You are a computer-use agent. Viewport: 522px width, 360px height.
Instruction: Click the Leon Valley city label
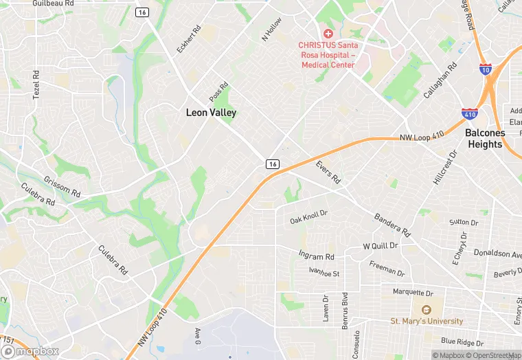(211, 113)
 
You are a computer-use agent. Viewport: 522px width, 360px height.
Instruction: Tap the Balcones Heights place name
(485, 138)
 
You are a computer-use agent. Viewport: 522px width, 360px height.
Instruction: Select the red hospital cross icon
(328, 34)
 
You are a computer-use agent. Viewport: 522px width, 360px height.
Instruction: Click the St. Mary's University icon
(427, 310)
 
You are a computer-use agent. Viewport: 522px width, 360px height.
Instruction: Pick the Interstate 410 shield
(470, 113)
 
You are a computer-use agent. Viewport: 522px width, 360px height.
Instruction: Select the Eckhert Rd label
(190, 40)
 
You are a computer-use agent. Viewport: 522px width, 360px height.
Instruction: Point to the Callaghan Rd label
(440, 81)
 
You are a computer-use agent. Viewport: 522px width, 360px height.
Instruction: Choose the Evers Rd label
(328, 172)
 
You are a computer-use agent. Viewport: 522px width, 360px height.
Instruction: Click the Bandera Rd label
(391, 225)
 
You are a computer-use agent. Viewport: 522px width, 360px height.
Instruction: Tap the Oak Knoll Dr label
(308, 217)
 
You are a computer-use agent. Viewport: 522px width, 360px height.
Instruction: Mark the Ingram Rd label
(316, 256)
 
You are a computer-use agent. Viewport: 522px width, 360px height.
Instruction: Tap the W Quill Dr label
(380, 245)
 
